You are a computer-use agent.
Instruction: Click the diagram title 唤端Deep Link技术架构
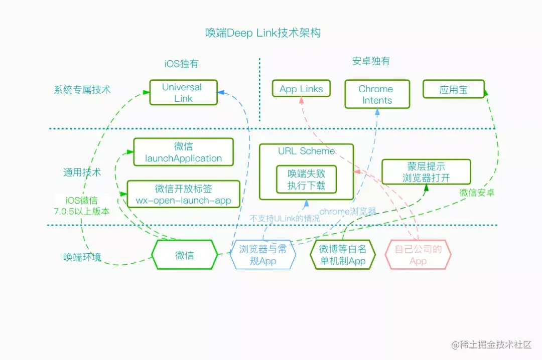pyautogui.click(x=263, y=33)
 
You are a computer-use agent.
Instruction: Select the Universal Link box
pyautogui.click(x=183, y=92)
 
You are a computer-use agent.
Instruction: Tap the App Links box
pyautogui.click(x=301, y=89)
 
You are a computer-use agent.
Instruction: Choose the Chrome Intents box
pyautogui.click(x=376, y=94)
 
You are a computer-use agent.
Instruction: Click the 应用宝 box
pyautogui.click(x=454, y=89)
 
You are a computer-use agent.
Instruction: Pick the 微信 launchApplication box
pyautogui.click(x=183, y=152)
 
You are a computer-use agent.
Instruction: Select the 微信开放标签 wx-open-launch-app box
pyautogui.click(x=183, y=195)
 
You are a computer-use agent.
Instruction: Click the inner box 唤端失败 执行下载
pyautogui.click(x=306, y=179)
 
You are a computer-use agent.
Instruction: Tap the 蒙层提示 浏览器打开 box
pyautogui.click(x=426, y=172)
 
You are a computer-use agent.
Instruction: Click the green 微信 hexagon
pyautogui.click(x=184, y=255)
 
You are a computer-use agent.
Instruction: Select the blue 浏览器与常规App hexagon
pyautogui.click(x=262, y=255)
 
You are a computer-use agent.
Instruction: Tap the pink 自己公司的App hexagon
pyautogui.click(x=418, y=255)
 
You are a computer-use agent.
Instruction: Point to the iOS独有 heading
pyautogui.click(x=181, y=64)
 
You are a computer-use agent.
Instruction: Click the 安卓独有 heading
pyautogui.click(x=371, y=61)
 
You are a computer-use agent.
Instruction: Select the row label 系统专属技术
pyautogui.click(x=82, y=90)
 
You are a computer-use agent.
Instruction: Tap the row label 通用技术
pyautogui.click(x=82, y=172)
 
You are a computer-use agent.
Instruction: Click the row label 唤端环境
pyautogui.click(x=82, y=257)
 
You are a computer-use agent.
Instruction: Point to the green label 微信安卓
pyautogui.click(x=477, y=193)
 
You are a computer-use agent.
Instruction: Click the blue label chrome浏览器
pyautogui.click(x=348, y=211)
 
